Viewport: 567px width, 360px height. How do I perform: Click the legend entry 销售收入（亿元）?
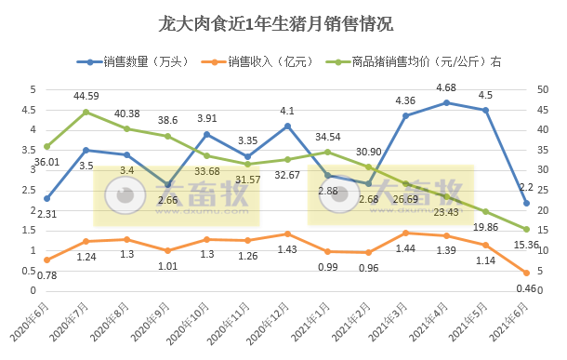click(x=270, y=61)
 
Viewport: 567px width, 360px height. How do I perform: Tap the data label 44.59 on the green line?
click(x=86, y=96)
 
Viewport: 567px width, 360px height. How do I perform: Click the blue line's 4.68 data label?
click(x=446, y=88)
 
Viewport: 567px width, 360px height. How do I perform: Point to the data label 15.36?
click(x=527, y=244)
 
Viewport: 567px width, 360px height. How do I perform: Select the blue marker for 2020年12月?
click(x=287, y=126)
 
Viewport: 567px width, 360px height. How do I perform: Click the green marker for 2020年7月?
click(x=86, y=112)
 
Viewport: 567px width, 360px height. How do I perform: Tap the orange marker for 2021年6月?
click(x=526, y=273)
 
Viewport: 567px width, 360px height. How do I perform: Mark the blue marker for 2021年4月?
click(x=446, y=102)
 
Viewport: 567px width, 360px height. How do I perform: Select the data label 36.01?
click(x=33, y=161)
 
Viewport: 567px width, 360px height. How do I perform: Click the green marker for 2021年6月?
click(x=526, y=229)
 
